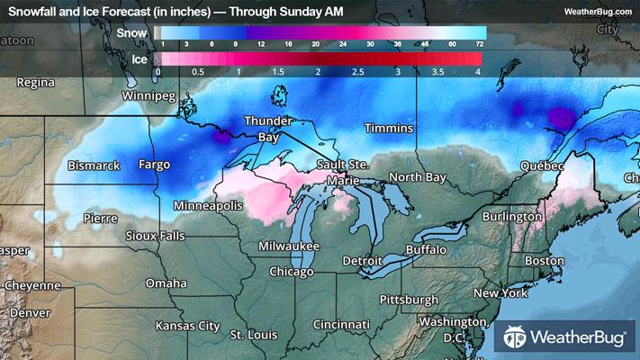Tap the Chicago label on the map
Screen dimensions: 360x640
pos(291,271)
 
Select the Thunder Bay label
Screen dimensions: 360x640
pos(268,130)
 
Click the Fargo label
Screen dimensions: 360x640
pos(154,165)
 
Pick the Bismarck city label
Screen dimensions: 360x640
pos(94,166)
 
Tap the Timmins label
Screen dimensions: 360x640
pos(389,129)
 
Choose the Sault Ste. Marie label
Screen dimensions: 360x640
pos(342,172)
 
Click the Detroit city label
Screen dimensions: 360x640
pos(363,261)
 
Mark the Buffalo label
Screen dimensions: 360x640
pos(426,248)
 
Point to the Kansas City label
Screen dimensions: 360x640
pos(187,325)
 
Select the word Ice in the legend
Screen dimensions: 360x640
pos(139,59)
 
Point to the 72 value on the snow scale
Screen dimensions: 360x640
pos(482,43)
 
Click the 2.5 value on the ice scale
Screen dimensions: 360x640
pos(357,70)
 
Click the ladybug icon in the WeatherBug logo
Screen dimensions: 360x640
pos(516,339)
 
